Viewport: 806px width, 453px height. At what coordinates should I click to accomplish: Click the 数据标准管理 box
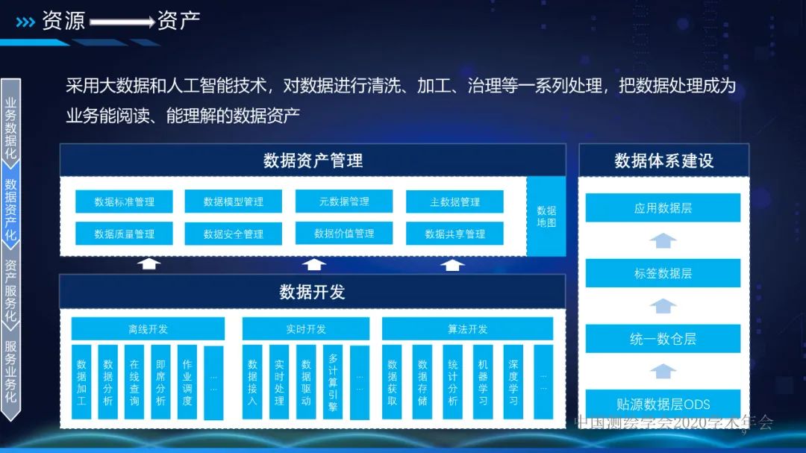tap(124, 201)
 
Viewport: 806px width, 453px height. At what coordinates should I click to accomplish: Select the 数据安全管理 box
tap(233, 234)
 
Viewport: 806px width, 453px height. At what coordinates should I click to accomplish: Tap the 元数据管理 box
tap(344, 201)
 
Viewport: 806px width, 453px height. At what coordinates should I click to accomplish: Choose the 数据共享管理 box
tap(454, 234)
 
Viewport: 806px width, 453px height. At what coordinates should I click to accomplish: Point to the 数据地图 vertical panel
tap(546, 216)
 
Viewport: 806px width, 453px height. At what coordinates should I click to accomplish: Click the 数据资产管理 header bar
tap(313, 160)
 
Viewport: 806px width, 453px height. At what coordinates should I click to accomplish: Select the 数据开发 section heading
tap(313, 292)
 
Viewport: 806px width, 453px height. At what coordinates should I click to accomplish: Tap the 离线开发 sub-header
tap(148, 329)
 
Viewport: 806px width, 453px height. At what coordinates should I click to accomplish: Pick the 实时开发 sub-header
tap(306, 329)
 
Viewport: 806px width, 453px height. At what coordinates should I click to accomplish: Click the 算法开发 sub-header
tap(468, 329)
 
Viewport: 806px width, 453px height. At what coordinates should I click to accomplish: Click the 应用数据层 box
tap(663, 207)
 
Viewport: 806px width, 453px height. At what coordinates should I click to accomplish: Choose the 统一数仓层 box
tap(663, 339)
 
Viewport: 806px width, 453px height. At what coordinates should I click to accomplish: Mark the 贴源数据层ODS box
tap(663, 403)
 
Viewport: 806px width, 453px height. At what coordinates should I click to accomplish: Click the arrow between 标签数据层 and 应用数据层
tap(663, 240)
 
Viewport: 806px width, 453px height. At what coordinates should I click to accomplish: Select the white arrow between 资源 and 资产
tap(122, 22)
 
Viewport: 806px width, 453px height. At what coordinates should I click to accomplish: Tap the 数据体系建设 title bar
tap(663, 160)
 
